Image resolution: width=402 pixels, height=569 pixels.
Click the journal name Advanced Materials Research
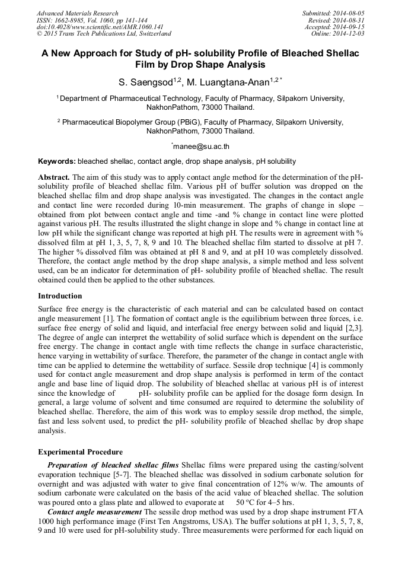tap(78, 13)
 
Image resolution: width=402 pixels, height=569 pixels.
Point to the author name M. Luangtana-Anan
tap(232, 82)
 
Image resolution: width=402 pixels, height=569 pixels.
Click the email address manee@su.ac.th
tap(201, 146)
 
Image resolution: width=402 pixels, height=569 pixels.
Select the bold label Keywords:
tap(57, 161)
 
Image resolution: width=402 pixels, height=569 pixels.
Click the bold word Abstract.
tap(54, 177)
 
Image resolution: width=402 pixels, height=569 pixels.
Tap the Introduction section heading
tap(60, 295)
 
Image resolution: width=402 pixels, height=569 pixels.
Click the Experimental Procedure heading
tap(80, 452)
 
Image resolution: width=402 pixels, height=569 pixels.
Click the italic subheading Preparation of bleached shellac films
tap(113, 465)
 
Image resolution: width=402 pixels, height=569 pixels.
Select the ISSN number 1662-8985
tap(72, 20)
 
